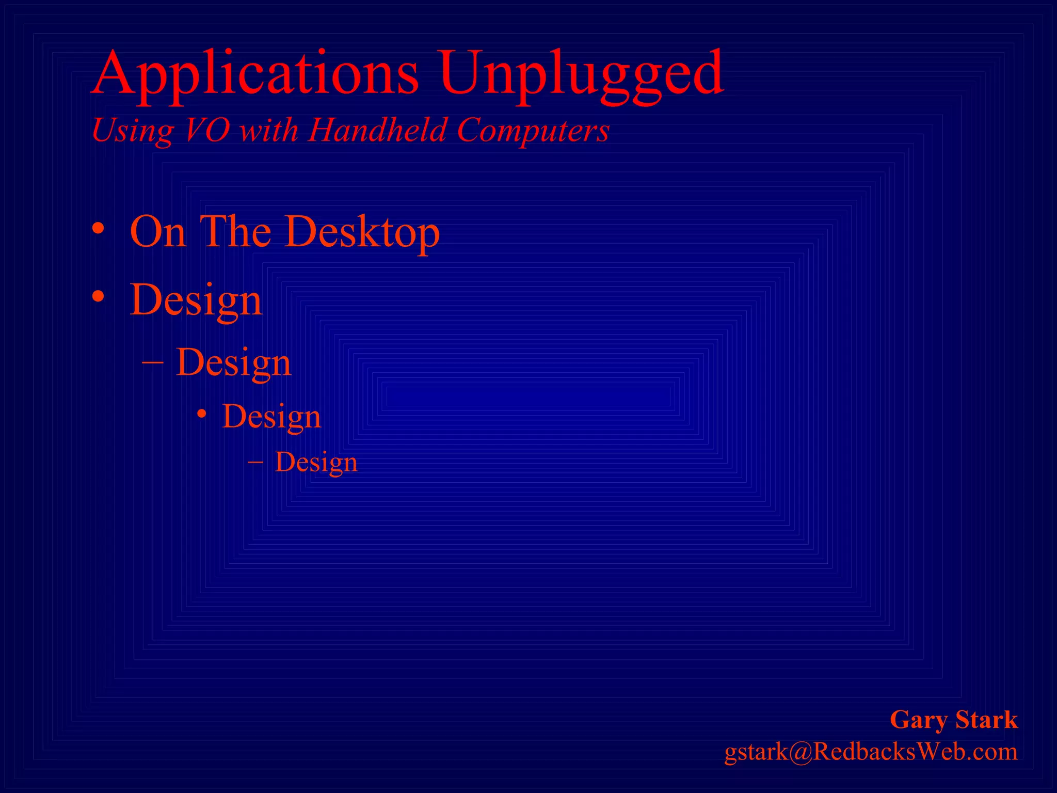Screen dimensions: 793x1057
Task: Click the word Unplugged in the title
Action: point(581,75)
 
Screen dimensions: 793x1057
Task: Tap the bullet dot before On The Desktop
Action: point(98,229)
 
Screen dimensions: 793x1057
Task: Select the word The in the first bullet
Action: point(235,232)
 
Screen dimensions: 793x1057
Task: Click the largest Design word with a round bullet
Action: point(196,301)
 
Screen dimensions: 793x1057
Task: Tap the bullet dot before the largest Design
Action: point(98,297)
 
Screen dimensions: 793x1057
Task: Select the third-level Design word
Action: point(271,417)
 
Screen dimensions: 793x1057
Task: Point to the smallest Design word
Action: point(316,463)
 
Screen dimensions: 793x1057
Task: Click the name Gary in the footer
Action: point(919,721)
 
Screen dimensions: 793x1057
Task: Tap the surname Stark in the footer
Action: point(986,720)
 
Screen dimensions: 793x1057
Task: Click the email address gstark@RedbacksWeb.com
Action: point(871,752)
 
